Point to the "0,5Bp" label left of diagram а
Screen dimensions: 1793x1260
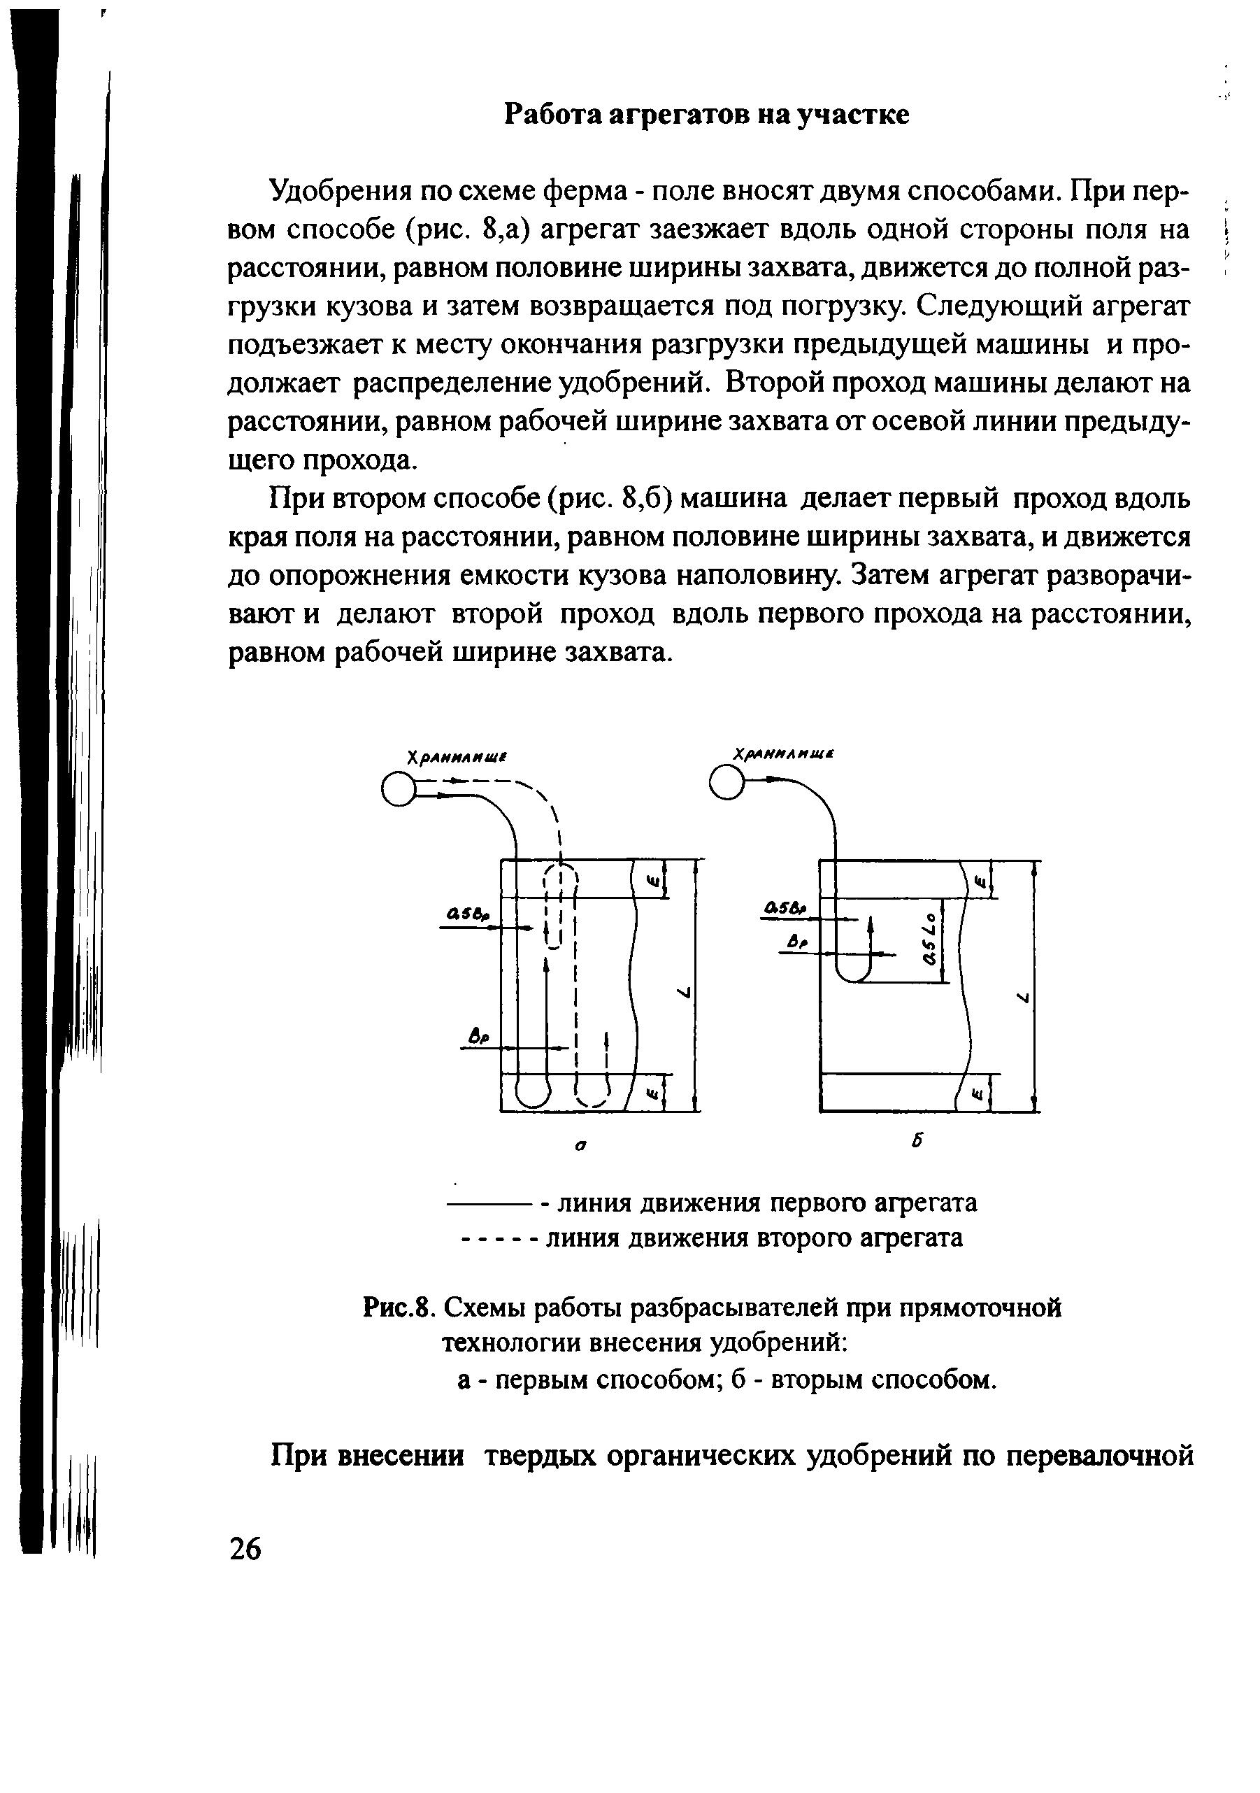click(467, 914)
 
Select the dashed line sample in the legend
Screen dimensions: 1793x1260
click(497, 1238)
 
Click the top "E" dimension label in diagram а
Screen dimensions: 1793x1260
click(653, 881)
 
